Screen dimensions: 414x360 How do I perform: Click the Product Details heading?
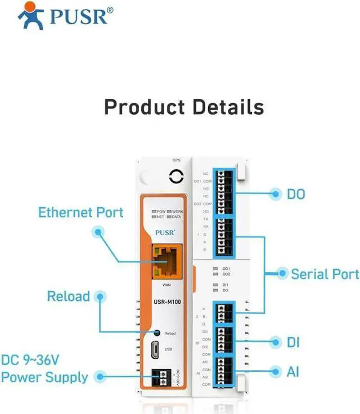[x=184, y=107]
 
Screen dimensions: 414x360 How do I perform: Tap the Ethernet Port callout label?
[x=80, y=212]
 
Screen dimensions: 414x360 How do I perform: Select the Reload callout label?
[x=68, y=296]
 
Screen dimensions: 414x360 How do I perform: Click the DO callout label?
[x=296, y=195]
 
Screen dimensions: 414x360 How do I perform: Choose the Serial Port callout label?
[x=325, y=274]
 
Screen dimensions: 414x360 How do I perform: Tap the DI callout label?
[x=293, y=342]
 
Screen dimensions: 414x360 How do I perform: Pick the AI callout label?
[x=293, y=372]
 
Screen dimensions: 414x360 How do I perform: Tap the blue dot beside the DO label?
[x=275, y=194]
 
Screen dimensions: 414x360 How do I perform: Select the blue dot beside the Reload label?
[x=100, y=296]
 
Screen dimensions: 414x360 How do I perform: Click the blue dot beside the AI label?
[x=275, y=371]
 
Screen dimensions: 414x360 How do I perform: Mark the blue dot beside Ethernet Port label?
[x=98, y=231]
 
